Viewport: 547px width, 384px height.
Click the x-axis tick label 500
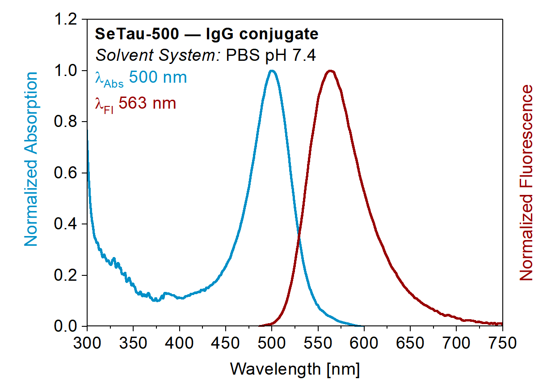tap(272, 344)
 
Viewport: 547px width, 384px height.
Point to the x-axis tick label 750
tap(502, 344)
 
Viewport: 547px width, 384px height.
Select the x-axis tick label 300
tap(87, 344)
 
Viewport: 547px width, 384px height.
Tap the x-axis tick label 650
tap(410, 344)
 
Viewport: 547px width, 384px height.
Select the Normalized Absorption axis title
tap(31, 160)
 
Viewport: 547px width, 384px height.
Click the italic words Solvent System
tap(158, 55)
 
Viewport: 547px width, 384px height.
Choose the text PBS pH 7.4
tap(271, 55)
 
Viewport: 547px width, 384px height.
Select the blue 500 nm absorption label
tap(157, 77)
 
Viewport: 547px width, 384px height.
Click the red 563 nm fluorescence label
tap(147, 104)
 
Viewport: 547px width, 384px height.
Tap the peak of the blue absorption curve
tap(272, 71)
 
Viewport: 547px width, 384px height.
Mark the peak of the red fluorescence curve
tap(331, 71)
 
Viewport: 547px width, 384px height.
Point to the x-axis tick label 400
tap(179, 344)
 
